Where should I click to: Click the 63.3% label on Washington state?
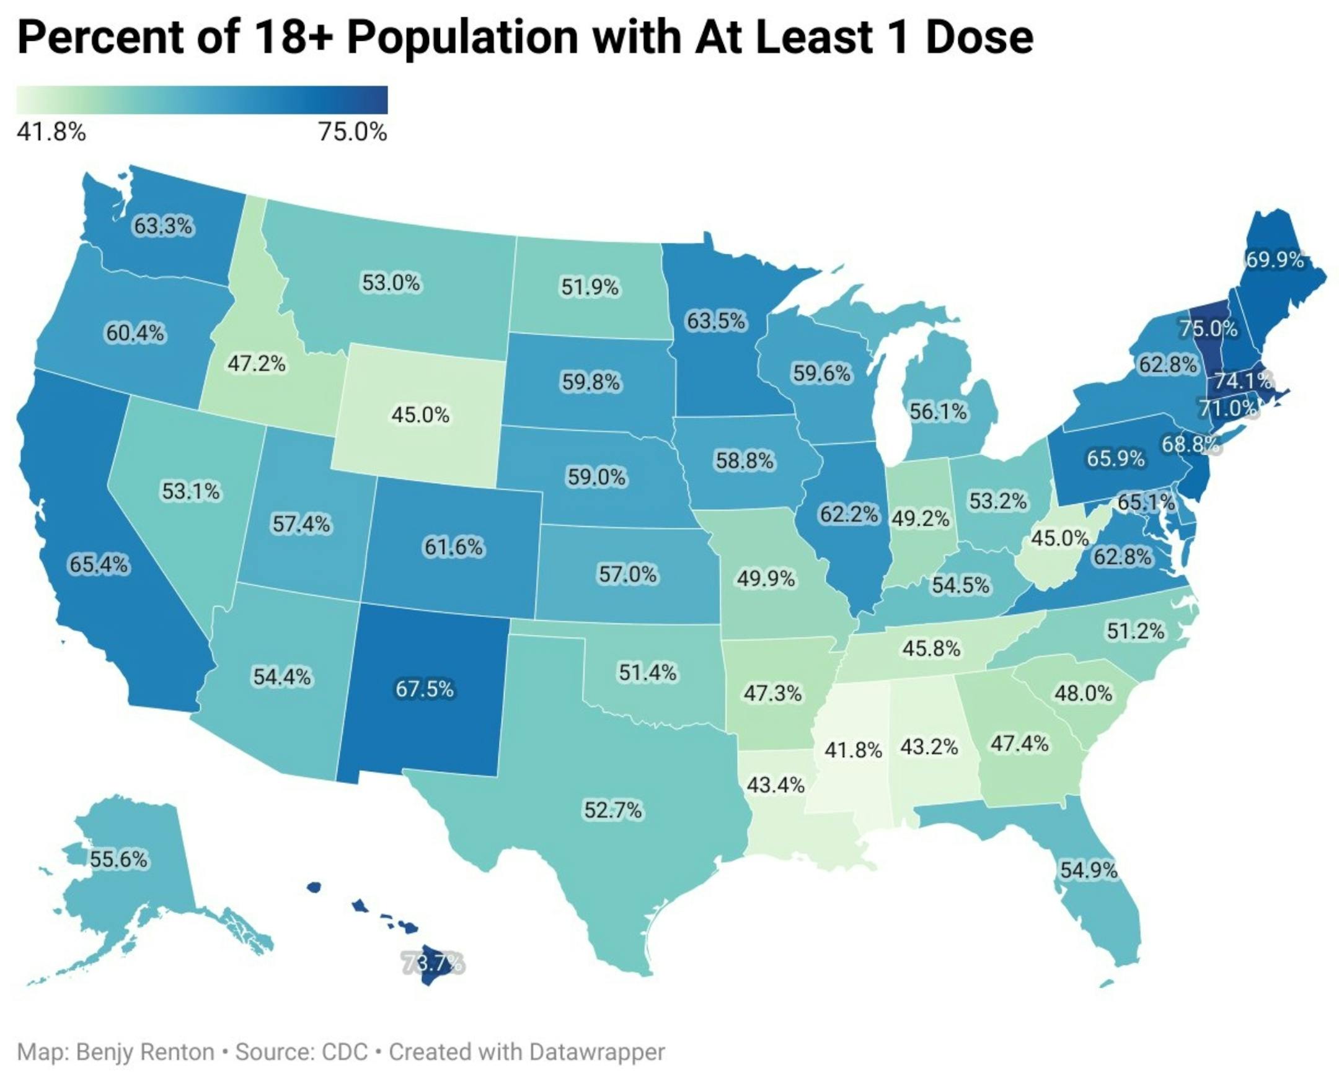pyautogui.click(x=164, y=226)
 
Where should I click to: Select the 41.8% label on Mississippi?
pyautogui.click(x=853, y=750)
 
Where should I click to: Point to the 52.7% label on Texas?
pyautogui.click(x=612, y=810)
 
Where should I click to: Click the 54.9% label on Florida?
pyautogui.click(x=1089, y=869)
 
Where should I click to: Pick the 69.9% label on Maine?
pyautogui.click(x=1275, y=259)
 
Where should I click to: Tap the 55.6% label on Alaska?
pyautogui.click(x=119, y=859)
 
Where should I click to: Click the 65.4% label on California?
pyautogui.click(x=99, y=564)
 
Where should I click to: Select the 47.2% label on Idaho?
pyautogui.click(x=257, y=363)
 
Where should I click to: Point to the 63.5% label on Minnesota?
pyautogui.click(x=716, y=321)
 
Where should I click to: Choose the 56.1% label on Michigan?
pyautogui.click(x=939, y=411)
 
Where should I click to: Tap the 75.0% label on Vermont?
pyautogui.click(x=1208, y=328)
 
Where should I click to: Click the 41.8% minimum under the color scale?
pyautogui.click(x=51, y=132)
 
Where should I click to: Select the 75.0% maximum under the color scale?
pyautogui.click(x=353, y=132)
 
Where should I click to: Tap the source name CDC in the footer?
pyautogui.click(x=345, y=1052)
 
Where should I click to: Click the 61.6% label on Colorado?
pyautogui.click(x=454, y=547)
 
